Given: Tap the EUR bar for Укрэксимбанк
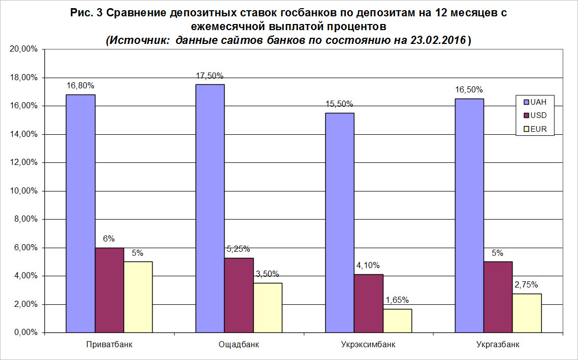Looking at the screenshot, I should [397, 321].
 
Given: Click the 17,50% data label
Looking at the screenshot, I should [209, 76].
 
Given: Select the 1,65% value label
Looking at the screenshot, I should [397, 300].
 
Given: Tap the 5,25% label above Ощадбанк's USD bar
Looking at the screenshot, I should [238, 249].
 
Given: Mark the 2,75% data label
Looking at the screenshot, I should [527, 285].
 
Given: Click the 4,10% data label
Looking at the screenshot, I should [368, 266].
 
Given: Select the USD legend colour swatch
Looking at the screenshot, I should [524, 115].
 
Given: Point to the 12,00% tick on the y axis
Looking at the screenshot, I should [23, 163].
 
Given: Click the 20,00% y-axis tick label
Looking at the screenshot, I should [23, 50].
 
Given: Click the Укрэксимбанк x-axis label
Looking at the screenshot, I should [368, 345].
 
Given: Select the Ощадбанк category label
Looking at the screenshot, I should [238, 345].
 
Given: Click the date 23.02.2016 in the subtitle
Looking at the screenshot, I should [438, 41].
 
